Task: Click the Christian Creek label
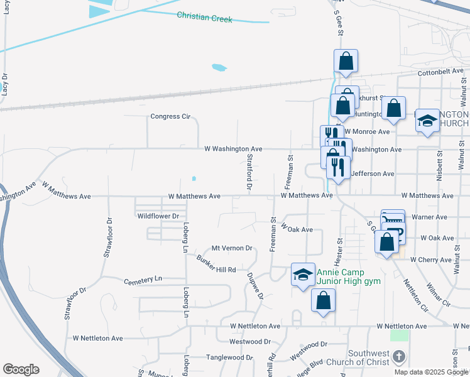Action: (x=204, y=17)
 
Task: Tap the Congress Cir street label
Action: (x=170, y=116)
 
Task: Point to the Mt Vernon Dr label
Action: (x=231, y=248)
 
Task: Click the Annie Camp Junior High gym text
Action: (x=349, y=276)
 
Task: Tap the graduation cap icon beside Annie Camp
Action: (x=303, y=275)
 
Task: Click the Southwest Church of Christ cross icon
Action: (x=398, y=357)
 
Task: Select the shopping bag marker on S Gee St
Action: (x=346, y=62)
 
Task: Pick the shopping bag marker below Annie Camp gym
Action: (x=323, y=301)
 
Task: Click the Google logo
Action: (x=21, y=369)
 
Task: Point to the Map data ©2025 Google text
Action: (x=432, y=372)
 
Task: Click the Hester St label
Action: (x=340, y=249)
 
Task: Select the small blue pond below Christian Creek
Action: (x=219, y=67)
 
